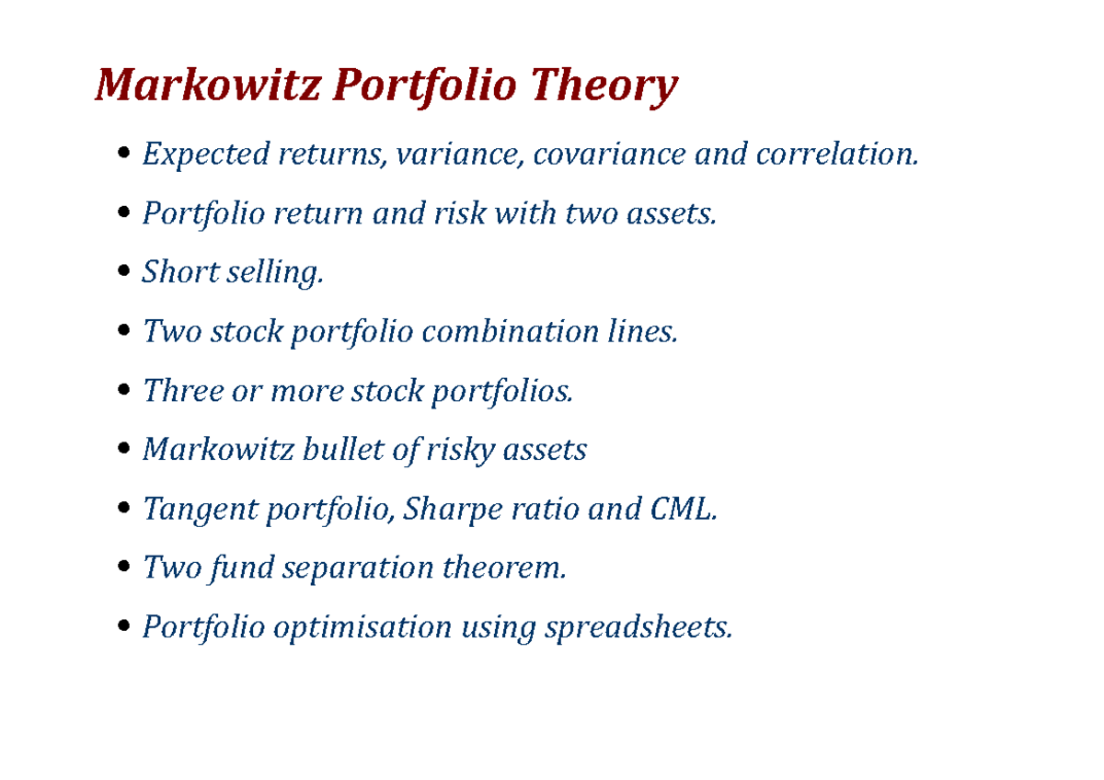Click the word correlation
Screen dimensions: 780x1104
click(836, 154)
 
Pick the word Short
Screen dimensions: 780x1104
click(172, 272)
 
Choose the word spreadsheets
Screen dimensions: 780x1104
click(638, 627)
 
